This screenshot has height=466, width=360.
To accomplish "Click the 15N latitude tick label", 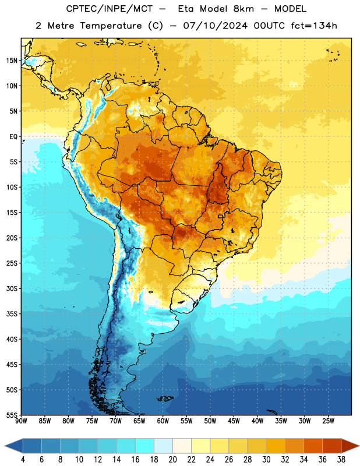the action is coord(12,61).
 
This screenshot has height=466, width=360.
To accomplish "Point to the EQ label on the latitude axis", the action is coord(13,137).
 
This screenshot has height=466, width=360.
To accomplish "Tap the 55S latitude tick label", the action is coord(12,415).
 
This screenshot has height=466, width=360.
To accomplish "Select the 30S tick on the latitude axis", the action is coord(12,288).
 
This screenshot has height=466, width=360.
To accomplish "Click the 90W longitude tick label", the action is coord(21,421).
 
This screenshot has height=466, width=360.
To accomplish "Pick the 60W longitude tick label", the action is coord(163,421).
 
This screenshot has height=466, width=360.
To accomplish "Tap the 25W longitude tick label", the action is coord(328,421).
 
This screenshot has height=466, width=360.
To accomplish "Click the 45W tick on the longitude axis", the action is coord(234,421).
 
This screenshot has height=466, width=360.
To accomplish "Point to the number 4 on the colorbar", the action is coord(23,460).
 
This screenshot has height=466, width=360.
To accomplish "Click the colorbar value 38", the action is coord(341,460).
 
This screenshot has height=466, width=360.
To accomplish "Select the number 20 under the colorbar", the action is coord(172,460).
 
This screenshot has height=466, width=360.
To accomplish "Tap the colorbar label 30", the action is coord(266,460).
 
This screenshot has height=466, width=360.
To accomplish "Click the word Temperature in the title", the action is coord(111,26).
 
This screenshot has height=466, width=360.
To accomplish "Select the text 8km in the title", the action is coord(243,9).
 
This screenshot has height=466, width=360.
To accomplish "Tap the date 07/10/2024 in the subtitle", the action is coord(215,26).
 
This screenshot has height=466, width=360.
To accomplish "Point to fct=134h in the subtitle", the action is coord(314,26).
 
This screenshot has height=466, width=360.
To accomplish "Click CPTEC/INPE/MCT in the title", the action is coord(110,9).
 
